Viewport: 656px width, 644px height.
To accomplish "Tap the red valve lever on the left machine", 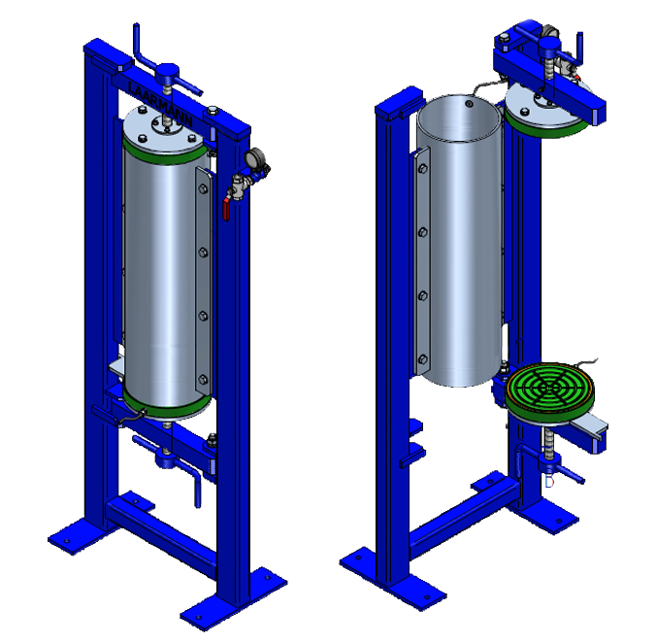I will pos(225,207).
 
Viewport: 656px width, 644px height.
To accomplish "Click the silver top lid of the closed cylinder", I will pos(164,126).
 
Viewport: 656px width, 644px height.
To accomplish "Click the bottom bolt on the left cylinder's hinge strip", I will pos(202,379).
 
